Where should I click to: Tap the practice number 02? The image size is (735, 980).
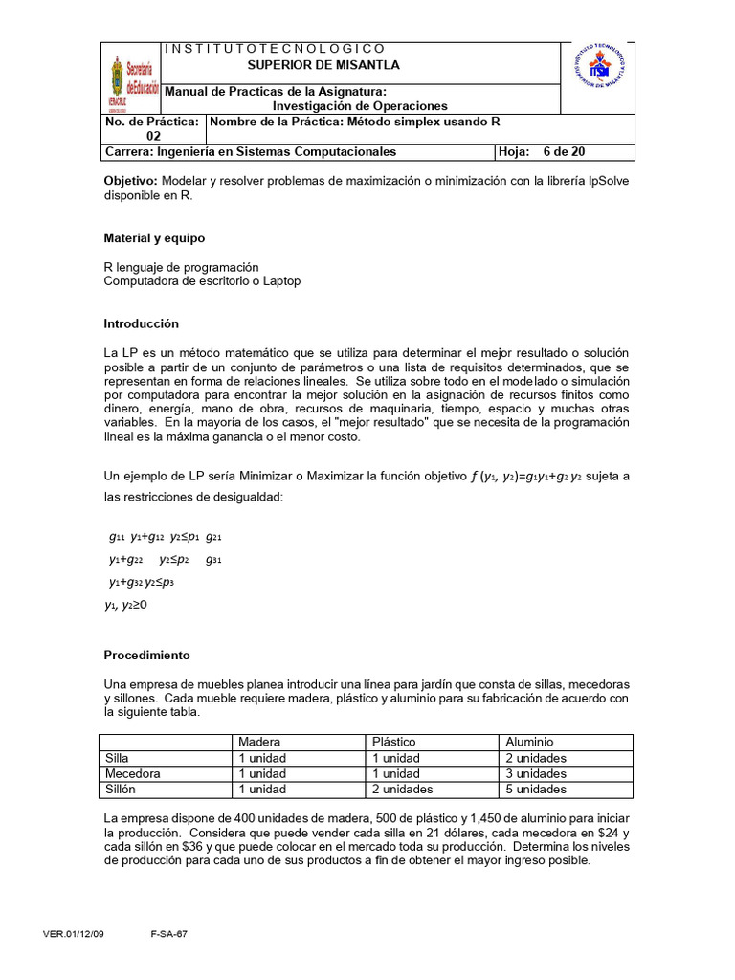pos(153,136)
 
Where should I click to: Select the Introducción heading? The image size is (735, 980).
pos(141,323)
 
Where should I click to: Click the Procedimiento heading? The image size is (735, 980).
pos(146,656)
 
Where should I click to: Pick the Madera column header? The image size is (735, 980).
pos(259,742)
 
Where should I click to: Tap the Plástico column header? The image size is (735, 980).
pos(394,742)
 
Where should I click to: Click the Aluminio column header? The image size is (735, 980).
pos(530,742)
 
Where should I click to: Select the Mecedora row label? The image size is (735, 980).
pos(133,773)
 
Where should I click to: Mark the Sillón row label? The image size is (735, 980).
pos(123,790)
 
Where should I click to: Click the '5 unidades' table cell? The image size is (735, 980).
pos(537,790)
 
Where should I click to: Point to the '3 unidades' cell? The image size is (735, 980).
pos(537,773)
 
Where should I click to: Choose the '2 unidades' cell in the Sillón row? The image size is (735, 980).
pos(402,790)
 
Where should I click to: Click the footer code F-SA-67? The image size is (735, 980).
pos(169,934)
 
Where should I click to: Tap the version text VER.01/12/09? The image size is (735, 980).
pos(74,934)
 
